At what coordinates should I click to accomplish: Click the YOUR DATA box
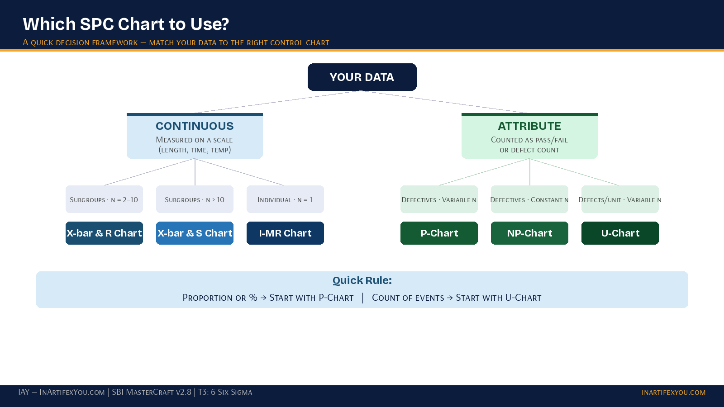[x=362, y=77]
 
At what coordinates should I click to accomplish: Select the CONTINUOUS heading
[x=195, y=126]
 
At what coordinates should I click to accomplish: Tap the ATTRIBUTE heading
[x=529, y=126]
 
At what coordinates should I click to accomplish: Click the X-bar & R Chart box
[x=104, y=233]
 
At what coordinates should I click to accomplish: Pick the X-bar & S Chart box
[x=195, y=233]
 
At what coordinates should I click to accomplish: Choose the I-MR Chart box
[x=285, y=233]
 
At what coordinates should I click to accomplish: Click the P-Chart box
[x=439, y=233]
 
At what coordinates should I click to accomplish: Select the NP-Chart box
[x=529, y=233]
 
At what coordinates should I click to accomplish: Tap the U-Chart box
[x=620, y=233]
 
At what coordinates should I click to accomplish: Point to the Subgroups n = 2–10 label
[x=104, y=199]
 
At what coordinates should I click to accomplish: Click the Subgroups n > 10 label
[x=195, y=199]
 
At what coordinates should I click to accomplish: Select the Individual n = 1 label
[x=285, y=199]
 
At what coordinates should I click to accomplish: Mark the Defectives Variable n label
[x=439, y=199]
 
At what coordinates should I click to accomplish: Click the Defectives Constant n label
[x=529, y=199]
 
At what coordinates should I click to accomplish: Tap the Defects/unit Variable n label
[x=620, y=199]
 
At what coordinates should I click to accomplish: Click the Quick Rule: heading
[x=362, y=280]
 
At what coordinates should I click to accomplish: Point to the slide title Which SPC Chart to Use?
[x=126, y=24]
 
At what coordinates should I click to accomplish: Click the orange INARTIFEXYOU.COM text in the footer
[x=673, y=393]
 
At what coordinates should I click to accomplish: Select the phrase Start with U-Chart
[x=498, y=298]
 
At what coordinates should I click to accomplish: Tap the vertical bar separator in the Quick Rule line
[x=362, y=298]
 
